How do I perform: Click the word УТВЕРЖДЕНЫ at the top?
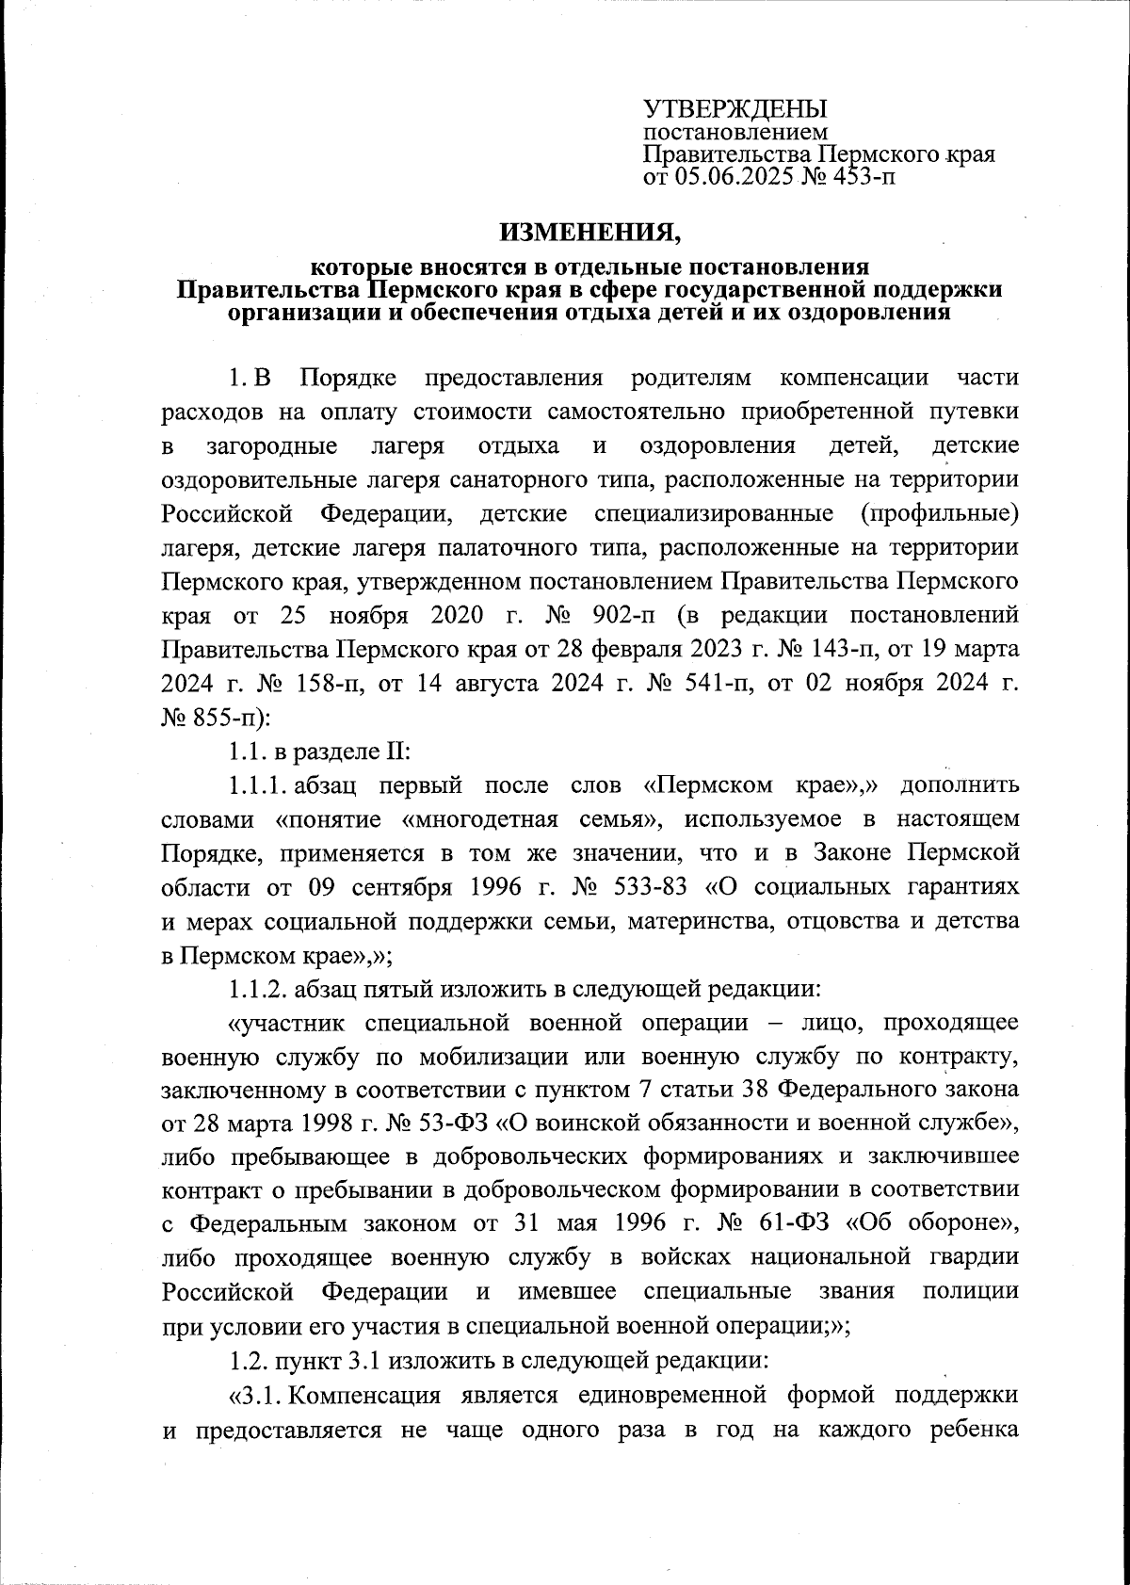[x=734, y=109]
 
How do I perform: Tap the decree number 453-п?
[x=861, y=176]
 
